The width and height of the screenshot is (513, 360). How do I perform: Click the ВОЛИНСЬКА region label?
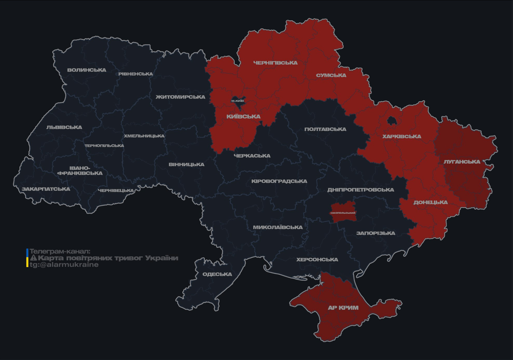tap(87, 70)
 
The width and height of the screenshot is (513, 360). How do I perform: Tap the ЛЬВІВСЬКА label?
tap(64, 127)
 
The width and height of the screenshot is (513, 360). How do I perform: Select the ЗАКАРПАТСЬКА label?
tap(45, 189)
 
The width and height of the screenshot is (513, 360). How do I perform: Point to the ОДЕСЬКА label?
tap(217, 274)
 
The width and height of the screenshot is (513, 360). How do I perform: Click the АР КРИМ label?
tap(343, 308)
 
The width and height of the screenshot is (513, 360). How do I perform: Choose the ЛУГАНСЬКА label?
tap(462, 162)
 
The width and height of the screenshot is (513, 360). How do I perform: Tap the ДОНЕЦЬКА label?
tap(430, 202)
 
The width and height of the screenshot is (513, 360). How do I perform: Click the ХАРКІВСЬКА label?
tap(401, 137)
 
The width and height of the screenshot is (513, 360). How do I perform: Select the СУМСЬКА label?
tap(331, 75)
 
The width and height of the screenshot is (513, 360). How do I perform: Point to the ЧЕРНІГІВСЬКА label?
tap(275, 63)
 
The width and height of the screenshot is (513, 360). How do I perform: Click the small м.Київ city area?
tap(238, 100)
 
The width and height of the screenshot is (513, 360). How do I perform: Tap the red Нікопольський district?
tap(343, 210)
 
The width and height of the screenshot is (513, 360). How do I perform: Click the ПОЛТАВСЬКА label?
tap(325, 129)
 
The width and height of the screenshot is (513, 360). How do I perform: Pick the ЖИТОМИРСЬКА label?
tap(181, 97)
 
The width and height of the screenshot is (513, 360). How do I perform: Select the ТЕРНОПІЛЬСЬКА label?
tap(104, 146)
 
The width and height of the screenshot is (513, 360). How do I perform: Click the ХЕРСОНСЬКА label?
tap(317, 260)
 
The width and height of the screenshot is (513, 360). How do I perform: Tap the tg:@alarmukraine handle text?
tap(64, 265)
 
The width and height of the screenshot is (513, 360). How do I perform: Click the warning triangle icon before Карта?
tap(33, 258)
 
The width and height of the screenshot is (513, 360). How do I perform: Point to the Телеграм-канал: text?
tap(60, 251)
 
